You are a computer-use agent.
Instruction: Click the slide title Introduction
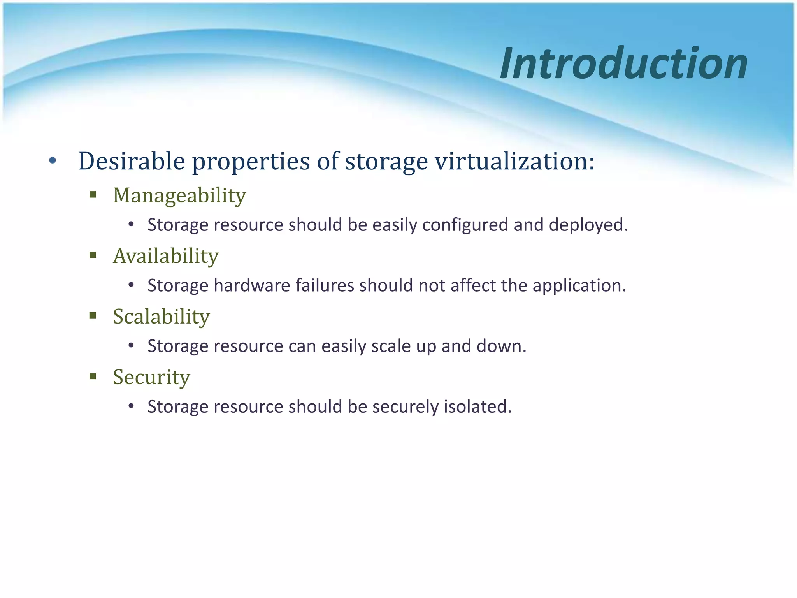(623, 63)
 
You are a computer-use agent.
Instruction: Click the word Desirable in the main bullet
(132, 161)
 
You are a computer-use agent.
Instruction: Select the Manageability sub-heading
(179, 195)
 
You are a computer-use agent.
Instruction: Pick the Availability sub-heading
(166, 256)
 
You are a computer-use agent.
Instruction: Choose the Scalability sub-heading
(161, 317)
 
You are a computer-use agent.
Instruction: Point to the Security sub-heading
(151, 377)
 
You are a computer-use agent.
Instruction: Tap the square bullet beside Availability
(93, 255)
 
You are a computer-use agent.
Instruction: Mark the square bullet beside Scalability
(93, 316)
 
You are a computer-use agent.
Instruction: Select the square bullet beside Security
(93, 376)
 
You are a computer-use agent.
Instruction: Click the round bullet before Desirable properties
(53, 160)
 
